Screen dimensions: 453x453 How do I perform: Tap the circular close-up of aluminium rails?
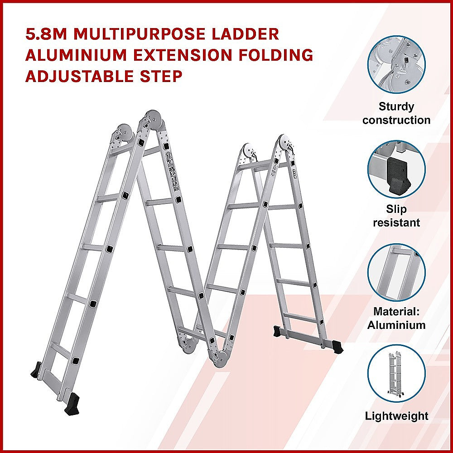(x=396, y=272)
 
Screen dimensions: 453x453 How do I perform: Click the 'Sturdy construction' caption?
(x=396, y=113)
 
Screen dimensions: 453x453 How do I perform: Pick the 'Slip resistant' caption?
(x=396, y=216)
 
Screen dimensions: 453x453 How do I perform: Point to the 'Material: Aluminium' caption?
(x=396, y=318)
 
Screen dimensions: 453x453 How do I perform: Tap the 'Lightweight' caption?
(x=396, y=416)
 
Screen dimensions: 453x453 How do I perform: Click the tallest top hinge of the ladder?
(x=153, y=119)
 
